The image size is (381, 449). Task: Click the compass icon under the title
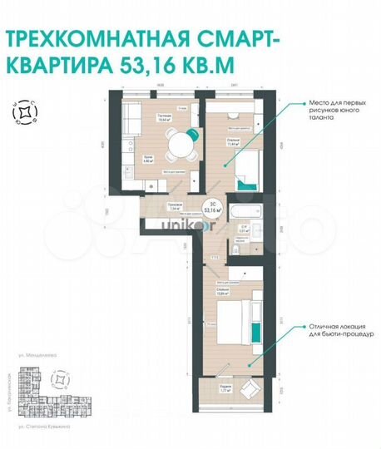[26, 111]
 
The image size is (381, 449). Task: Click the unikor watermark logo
[177, 224]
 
